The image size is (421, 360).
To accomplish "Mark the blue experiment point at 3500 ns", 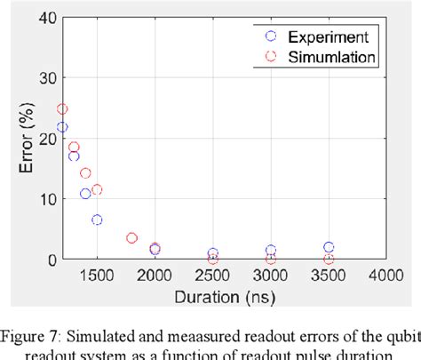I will tap(329, 247).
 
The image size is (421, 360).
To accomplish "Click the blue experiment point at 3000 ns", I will tap(271, 251).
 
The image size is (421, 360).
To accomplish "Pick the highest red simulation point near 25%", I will tap(62, 109).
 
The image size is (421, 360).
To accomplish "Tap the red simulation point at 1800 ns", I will tap(131, 238).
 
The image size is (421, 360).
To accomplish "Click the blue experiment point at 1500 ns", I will tap(97, 220).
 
